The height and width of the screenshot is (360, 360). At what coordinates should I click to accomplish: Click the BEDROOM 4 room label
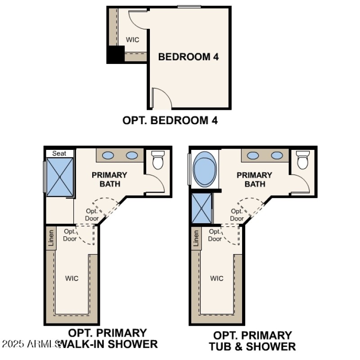[x=185, y=57]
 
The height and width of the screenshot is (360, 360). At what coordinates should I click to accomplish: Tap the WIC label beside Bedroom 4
[x=132, y=40]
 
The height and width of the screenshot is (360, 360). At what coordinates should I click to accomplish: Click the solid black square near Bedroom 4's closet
[x=115, y=55]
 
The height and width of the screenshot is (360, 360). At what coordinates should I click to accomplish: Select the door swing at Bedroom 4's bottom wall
[x=161, y=98]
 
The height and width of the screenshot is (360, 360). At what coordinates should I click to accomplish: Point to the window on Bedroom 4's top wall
[x=189, y=6]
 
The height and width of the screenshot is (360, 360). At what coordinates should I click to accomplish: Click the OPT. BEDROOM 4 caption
[x=170, y=121]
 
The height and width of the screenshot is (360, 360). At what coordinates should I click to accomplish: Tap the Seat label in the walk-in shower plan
[x=59, y=153]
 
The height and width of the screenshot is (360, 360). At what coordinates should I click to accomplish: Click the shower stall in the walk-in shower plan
[x=60, y=177]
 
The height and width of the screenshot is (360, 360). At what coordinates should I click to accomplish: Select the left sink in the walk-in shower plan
[x=108, y=156]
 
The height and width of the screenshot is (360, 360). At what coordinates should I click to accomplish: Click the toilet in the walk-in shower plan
[x=158, y=160]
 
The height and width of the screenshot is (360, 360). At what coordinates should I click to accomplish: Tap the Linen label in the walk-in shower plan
[x=51, y=238]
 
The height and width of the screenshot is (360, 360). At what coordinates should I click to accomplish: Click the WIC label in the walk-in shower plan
[x=72, y=278]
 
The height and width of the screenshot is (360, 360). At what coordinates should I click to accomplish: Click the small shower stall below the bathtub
[x=201, y=208]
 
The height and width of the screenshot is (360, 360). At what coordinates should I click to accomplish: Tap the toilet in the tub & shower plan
[x=303, y=160]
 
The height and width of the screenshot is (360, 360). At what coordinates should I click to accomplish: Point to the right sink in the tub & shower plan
[x=277, y=156]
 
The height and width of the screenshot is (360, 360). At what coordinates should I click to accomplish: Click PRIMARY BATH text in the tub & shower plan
[x=255, y=179]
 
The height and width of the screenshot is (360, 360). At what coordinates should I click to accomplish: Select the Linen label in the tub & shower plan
[x=196, y=238]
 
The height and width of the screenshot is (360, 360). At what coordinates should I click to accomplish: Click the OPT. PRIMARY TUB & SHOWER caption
[x=252, y=341]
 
